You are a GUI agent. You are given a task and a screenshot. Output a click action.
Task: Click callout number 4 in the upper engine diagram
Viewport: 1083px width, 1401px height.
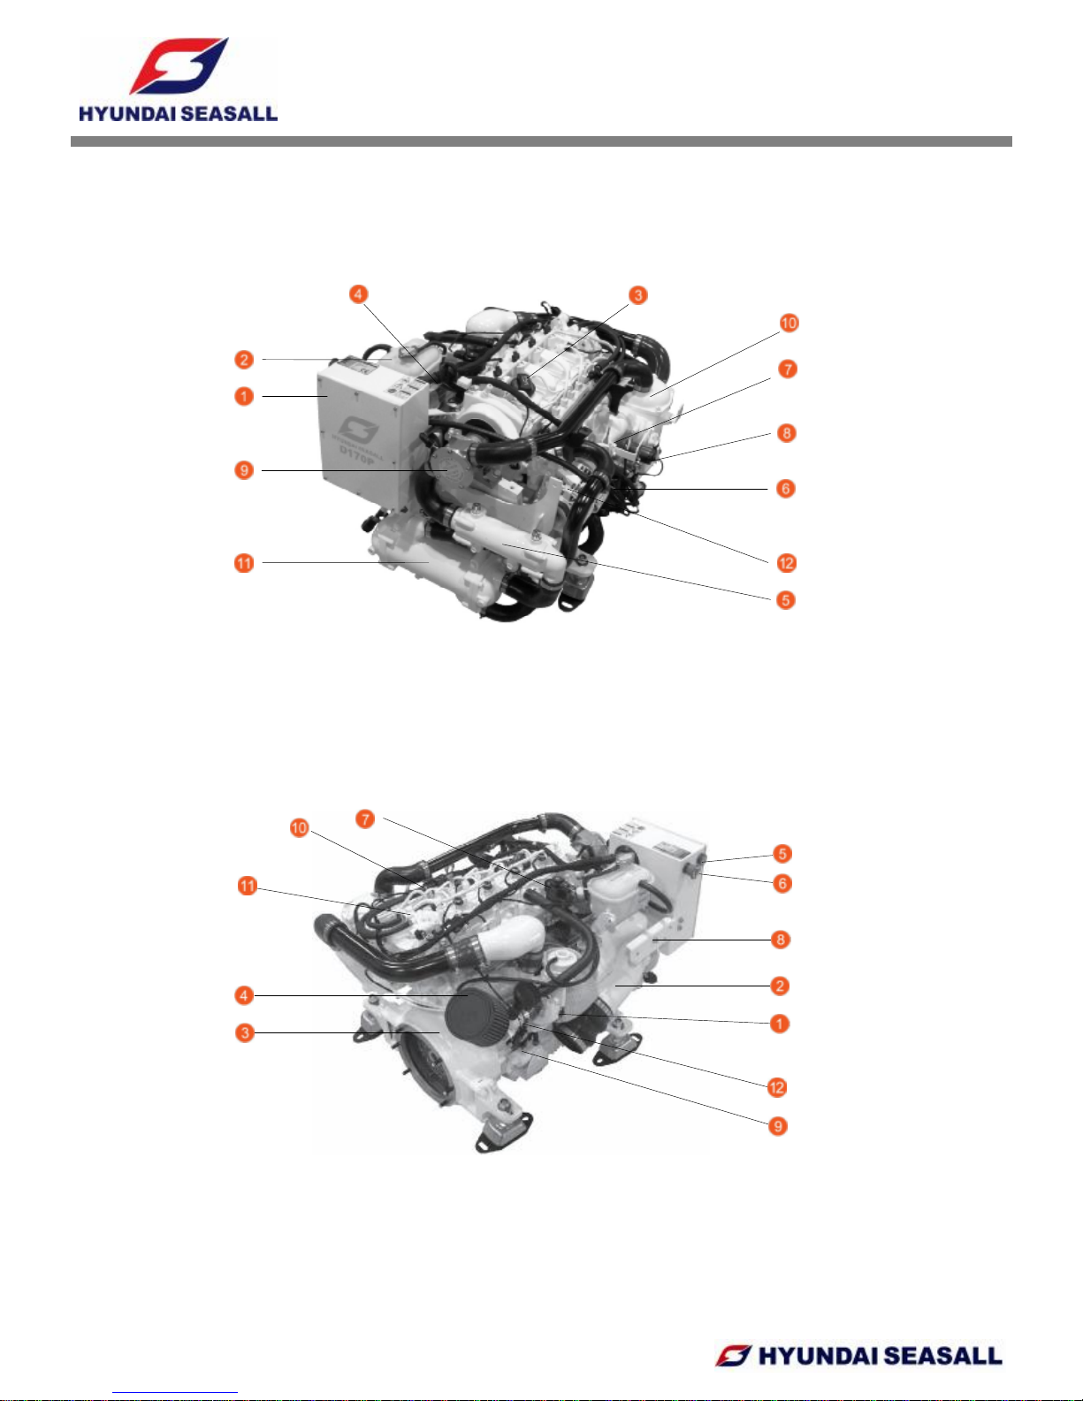tap(358, 294)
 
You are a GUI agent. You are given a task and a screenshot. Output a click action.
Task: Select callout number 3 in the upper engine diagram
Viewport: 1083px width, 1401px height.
tap(637, 295)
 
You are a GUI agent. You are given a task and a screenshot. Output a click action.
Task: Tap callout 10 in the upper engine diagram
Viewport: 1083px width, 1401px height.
tap(789, 323)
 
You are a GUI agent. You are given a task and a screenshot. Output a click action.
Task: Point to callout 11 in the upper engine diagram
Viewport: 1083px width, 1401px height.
tap(244, 564)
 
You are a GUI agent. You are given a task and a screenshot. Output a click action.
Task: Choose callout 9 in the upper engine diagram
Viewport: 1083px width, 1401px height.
tap(244, 470)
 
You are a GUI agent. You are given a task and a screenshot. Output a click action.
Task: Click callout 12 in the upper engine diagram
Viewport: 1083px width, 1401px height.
tap(786, 564)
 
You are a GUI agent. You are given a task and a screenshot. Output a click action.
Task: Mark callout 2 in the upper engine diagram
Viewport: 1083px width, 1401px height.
tap(244, 360)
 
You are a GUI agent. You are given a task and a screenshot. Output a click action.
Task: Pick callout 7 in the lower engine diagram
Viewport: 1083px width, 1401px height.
tap(365, 819)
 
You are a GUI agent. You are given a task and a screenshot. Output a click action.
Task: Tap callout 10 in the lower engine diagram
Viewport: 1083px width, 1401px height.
tap(299, 828)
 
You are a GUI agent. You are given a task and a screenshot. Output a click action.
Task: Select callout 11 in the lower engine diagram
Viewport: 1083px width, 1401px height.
tap(248, 886)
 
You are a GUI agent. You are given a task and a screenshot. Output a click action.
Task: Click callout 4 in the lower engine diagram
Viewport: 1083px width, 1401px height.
tap(244, 996)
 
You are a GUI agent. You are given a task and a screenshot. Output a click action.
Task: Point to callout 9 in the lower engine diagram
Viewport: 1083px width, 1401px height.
tap(778, 1126)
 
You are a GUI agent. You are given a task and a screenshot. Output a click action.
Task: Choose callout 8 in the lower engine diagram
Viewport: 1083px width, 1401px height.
tap(781, 940)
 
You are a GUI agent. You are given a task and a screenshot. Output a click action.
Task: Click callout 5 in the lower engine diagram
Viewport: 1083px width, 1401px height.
tap(782, 854)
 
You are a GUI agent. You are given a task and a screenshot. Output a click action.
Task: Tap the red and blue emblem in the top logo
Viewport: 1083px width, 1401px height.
tap(179, 65)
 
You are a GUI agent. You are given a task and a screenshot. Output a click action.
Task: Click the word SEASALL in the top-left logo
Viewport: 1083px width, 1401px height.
tap(230, 114)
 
